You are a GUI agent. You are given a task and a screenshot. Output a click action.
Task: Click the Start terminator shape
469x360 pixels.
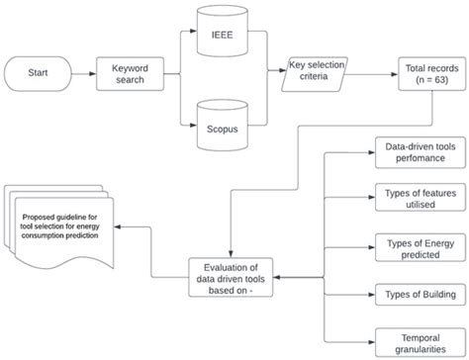(x=39, y=73)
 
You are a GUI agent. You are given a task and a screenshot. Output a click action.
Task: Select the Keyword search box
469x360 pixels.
(x=129, y=73)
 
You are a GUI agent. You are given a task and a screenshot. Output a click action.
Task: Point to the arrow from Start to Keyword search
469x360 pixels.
(x=83, y=73)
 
